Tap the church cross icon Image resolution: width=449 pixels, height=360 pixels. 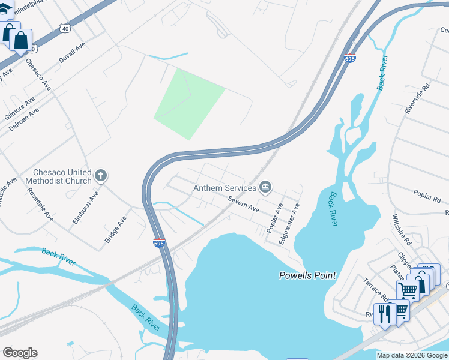(101, 176)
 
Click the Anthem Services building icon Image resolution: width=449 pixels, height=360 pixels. (265, 188)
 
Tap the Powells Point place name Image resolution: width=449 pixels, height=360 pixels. (307, 275)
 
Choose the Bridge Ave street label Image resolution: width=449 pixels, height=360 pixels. (116, 230)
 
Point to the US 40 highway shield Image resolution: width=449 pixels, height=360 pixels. (65, 28)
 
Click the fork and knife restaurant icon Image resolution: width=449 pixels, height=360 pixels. (384, 313)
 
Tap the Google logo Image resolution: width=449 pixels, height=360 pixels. (20, 353)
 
